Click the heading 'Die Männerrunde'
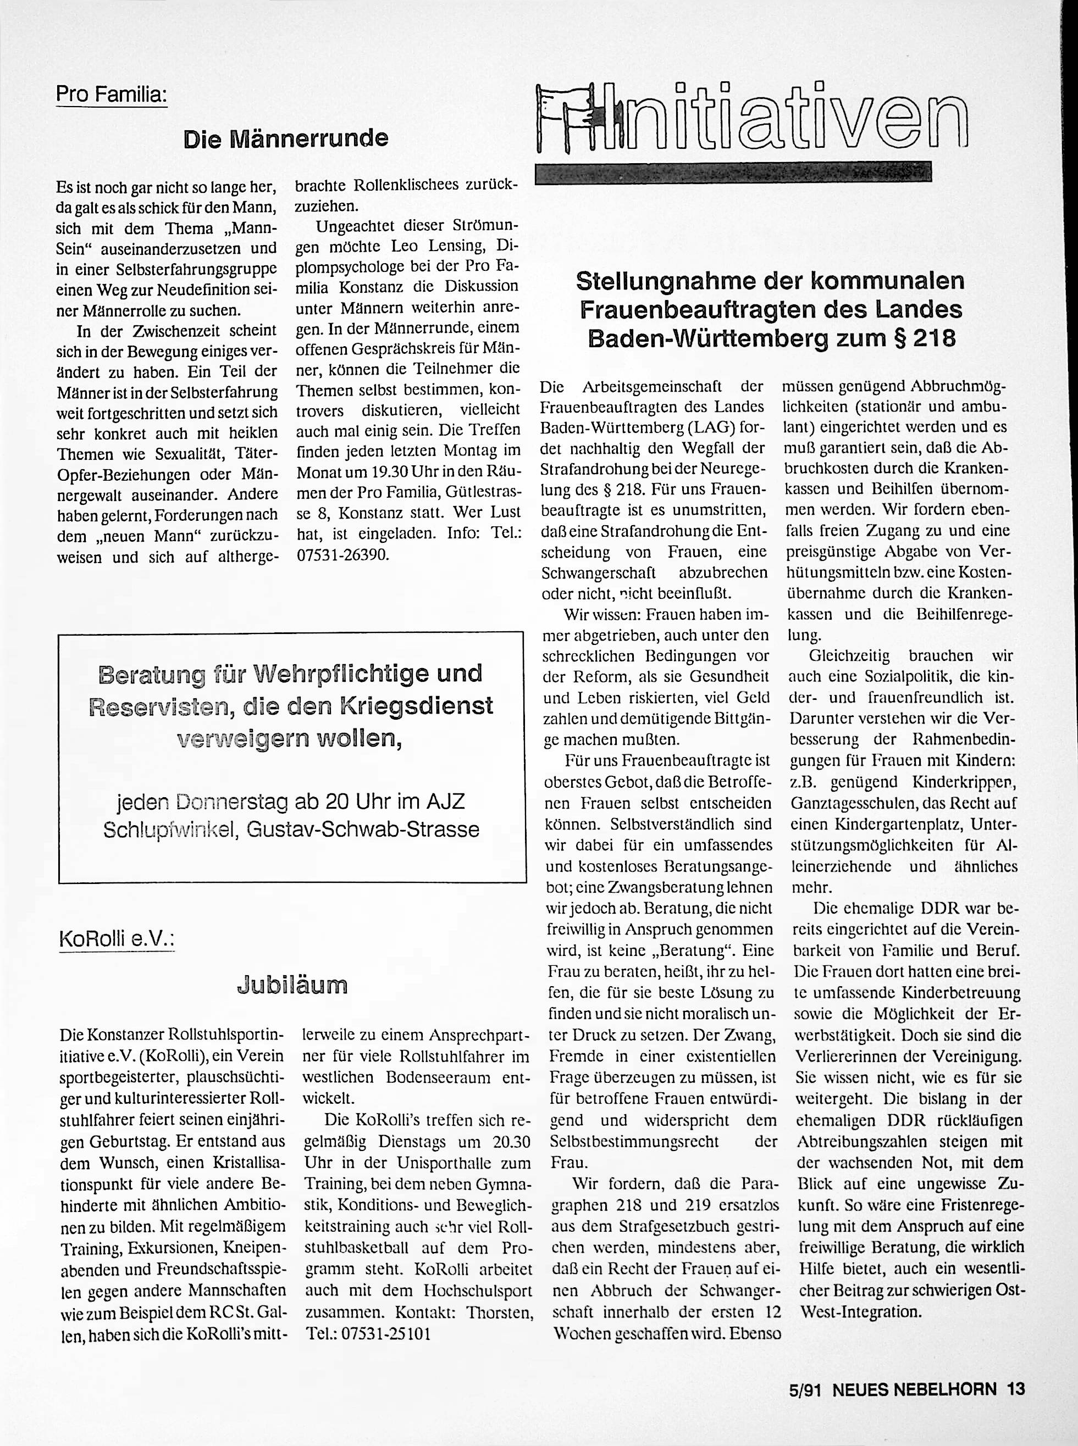285,139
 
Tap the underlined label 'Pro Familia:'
112,94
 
